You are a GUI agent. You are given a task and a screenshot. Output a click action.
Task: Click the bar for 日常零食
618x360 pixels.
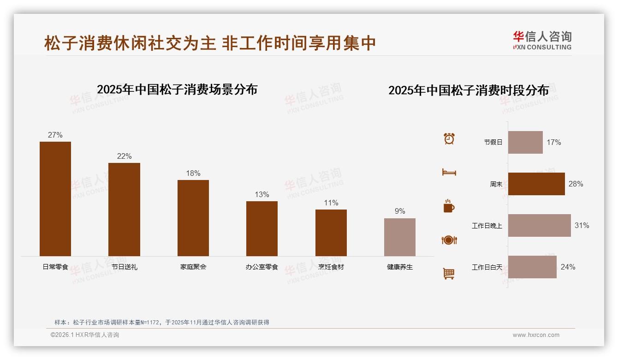click(x=55, y=199)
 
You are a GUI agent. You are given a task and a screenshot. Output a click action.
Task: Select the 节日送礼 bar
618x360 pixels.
click(x=124, y=210)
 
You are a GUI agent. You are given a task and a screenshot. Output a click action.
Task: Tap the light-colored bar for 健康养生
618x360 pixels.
click(x=400, y=237)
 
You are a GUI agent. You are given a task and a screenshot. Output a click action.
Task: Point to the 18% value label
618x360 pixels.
click(x=193, y=174)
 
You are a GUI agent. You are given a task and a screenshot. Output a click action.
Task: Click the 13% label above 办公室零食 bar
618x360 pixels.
click(x=262, y=195)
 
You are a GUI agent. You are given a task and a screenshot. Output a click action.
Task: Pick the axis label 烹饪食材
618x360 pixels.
click(x=331, y=267)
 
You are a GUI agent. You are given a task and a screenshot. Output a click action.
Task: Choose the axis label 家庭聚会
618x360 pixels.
click(x=193, y=267)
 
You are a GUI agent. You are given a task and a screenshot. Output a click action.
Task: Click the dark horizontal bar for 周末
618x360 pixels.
click(x=536, y=184)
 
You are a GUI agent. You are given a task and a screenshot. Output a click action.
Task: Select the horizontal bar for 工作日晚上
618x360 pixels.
click(x=540, y=226)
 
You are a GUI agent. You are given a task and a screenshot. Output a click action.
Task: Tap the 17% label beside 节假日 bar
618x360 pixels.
click(x=554, y=143)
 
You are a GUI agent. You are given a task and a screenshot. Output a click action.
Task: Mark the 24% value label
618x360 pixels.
click(x=568, y=267)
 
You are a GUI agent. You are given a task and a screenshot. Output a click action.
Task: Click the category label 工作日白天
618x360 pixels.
click(x=487, y=267)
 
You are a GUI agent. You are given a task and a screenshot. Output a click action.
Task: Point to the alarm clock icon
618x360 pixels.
click(x=449, y=138)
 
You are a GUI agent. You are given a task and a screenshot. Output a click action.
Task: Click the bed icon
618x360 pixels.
click(x=449, y=172)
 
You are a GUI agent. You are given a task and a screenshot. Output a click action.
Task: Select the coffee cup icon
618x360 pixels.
click(x=449, y=206)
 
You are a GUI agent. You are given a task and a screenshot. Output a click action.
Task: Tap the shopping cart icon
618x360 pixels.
click(x=449, y=274)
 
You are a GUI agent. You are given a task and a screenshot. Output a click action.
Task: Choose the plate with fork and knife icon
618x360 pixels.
click(x=449, y=240)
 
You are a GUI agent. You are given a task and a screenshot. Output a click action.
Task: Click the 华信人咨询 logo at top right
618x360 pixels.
click(x=542, y=41)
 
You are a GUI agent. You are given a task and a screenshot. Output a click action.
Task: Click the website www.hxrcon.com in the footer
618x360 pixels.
click(x=536, y=335)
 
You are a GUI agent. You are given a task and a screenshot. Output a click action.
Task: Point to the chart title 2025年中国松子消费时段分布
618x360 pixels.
click(x=469, y=90)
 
